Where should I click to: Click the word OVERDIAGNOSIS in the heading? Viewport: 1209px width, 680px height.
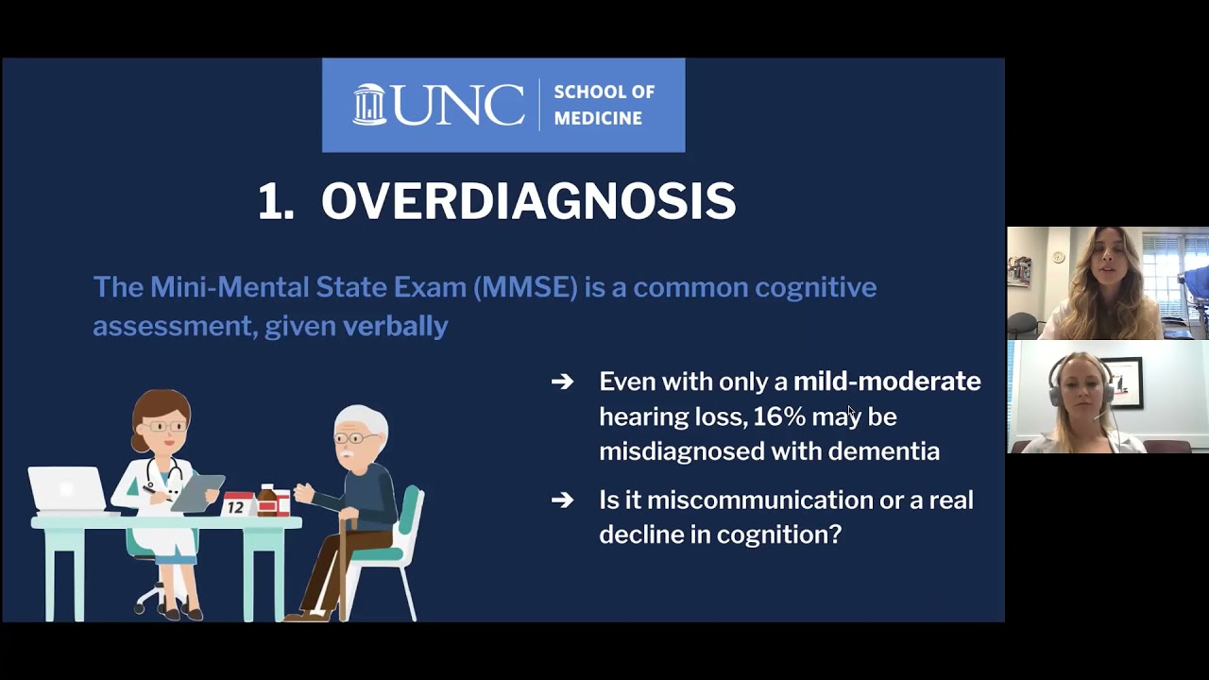pyautogui.click(x=528, y=201)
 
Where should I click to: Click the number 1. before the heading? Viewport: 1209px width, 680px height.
pyautogui.click(x=276, y=201)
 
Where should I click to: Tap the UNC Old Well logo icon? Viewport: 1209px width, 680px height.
pyautogui.click(x=369, y=104)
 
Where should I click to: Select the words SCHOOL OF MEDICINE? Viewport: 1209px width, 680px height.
pyautogui.click(x=604, y=105)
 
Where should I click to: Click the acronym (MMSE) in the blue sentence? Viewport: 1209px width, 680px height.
pyautogui.click(x=524, y=287)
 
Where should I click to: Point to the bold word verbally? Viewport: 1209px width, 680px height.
pyautogui.click(x=395, y=326)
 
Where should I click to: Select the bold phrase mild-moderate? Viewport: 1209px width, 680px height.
pyautogui.click(x=886, y=382)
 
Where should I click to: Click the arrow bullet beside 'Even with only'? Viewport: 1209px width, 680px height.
pyautogui.click(x=562, y=382)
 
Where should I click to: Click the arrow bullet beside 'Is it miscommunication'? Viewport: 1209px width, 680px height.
pyautogui.click(x=562, y=500)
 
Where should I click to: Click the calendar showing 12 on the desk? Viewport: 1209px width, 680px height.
pyautogui.click(x=236, y=504)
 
